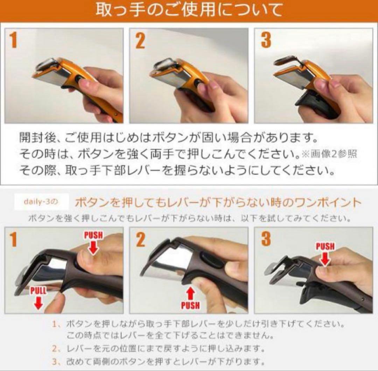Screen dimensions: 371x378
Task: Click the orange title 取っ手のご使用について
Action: pyautogui.click(x=189, y=10)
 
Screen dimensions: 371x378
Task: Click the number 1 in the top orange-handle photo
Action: pyautogui.click(x=13, y=41)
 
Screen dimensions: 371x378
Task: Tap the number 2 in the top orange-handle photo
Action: pyautogui.click(x=140, y=41)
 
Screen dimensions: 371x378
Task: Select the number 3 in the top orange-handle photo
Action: pyautogui.click(x=266, y=41)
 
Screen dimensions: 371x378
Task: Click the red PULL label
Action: pyautogui.click(x=38, y=290)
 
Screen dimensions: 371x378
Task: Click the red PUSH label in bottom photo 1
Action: pyautogui.click(x=93, y=235)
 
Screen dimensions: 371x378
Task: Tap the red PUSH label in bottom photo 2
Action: pyautogui.click(x=190, y=305)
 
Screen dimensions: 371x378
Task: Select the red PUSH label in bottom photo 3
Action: pyautogui.click(x=325, y=247)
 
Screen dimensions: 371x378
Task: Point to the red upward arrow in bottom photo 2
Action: pyautogui.click(x=190, y=293)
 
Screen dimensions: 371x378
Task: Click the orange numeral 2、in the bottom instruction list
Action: pyautogui.click(x=56, y=348)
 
